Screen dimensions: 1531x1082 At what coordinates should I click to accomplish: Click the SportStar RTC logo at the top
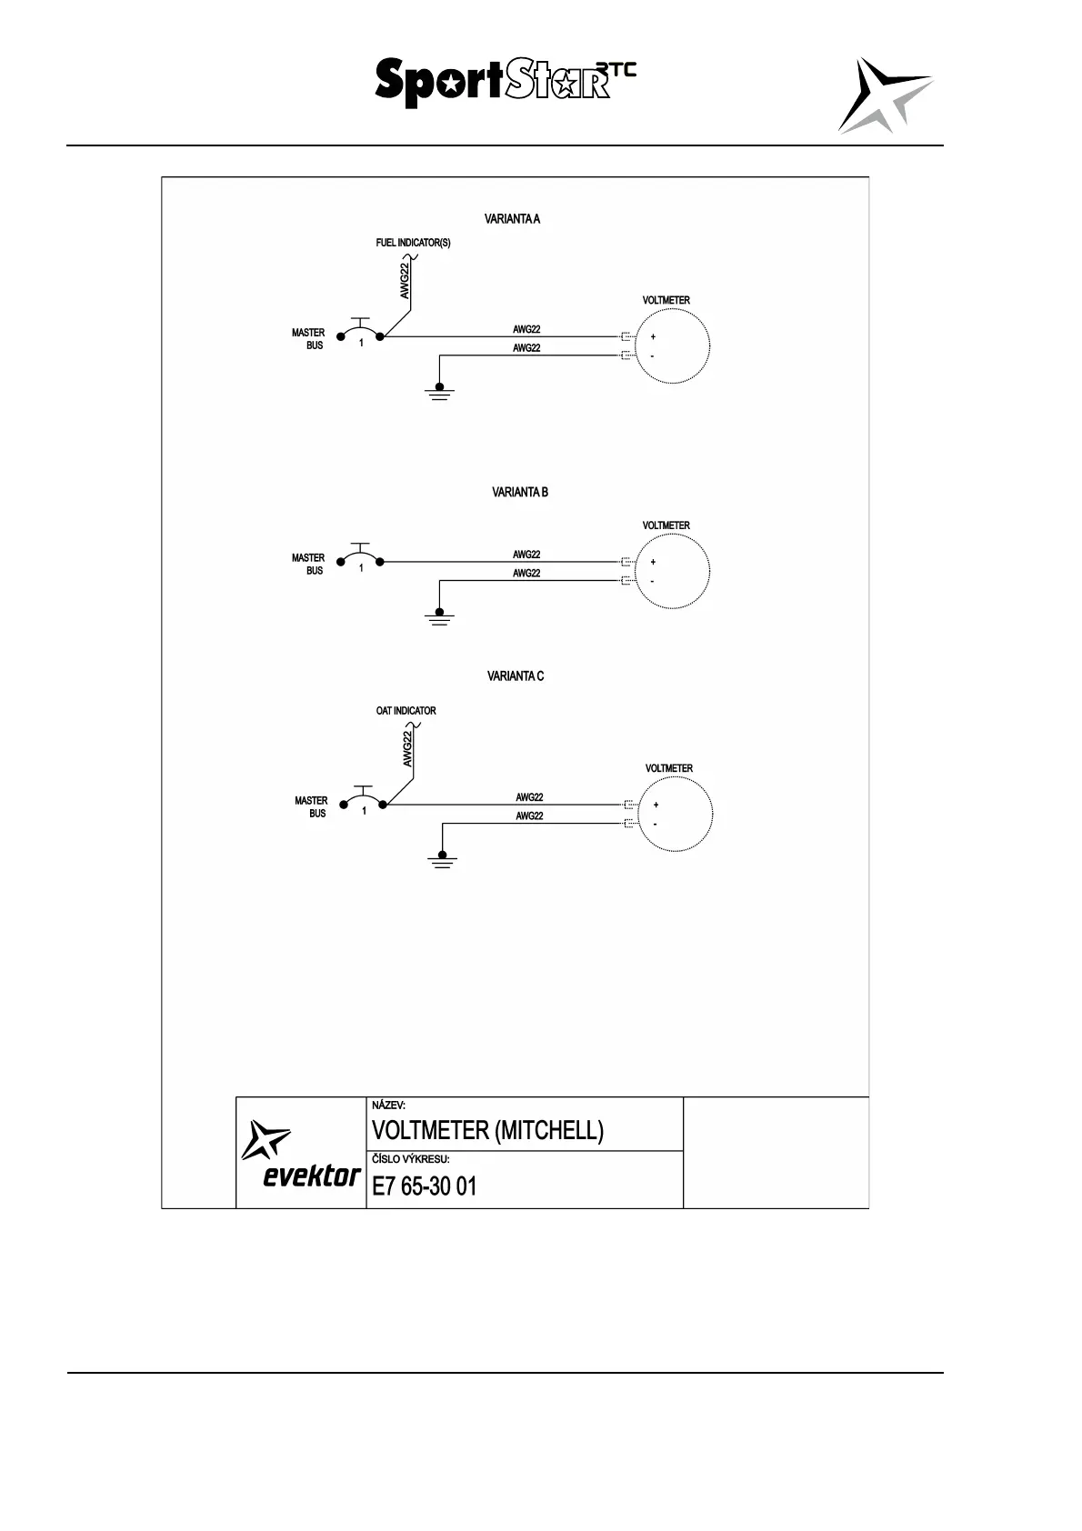point(505,82)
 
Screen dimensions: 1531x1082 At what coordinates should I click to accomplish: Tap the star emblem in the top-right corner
point(884,95)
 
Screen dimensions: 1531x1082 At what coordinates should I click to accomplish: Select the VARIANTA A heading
point(512,219)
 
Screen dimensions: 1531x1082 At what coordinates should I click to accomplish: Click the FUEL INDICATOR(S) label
point(413,243)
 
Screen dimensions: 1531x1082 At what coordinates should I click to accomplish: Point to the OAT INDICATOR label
point(406,710)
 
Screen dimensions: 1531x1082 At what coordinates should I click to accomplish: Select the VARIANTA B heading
point(519,492)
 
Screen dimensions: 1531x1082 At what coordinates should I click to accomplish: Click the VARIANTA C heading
point(516,675)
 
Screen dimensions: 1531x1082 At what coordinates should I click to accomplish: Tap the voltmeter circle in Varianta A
point(672,346)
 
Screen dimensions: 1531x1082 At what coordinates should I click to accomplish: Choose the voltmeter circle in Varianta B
point(672,571)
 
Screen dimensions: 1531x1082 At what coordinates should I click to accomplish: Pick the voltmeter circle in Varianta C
point(676,814)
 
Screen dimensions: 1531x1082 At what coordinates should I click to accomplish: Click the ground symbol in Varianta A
point(439,393)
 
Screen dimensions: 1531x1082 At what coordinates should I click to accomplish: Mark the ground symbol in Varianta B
point(439,617)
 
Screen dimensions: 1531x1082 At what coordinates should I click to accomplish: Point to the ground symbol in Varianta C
point(443,860)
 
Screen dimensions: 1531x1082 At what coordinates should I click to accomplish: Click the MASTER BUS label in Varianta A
point(309,339)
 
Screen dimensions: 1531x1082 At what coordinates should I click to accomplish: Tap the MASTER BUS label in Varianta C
point(312,807)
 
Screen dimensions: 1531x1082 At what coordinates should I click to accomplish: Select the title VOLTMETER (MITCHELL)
point(487,1130)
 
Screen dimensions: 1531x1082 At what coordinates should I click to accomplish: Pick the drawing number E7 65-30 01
point(425,1186)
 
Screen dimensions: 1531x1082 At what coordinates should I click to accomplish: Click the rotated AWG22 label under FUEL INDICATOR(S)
point(405,280)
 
